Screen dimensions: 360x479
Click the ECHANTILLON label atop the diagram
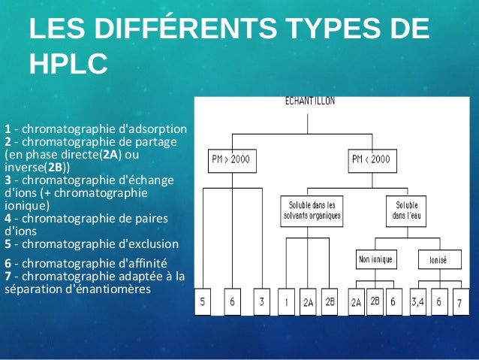[x=309, y=100]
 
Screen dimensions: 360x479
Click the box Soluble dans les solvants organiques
[x=312, y=210]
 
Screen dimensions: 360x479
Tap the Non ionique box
[x=376, y=260]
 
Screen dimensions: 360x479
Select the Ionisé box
[x=438, y=260]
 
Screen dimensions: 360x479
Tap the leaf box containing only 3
[x=261, y=301]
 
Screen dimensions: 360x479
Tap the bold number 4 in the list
[x=8, y=218]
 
